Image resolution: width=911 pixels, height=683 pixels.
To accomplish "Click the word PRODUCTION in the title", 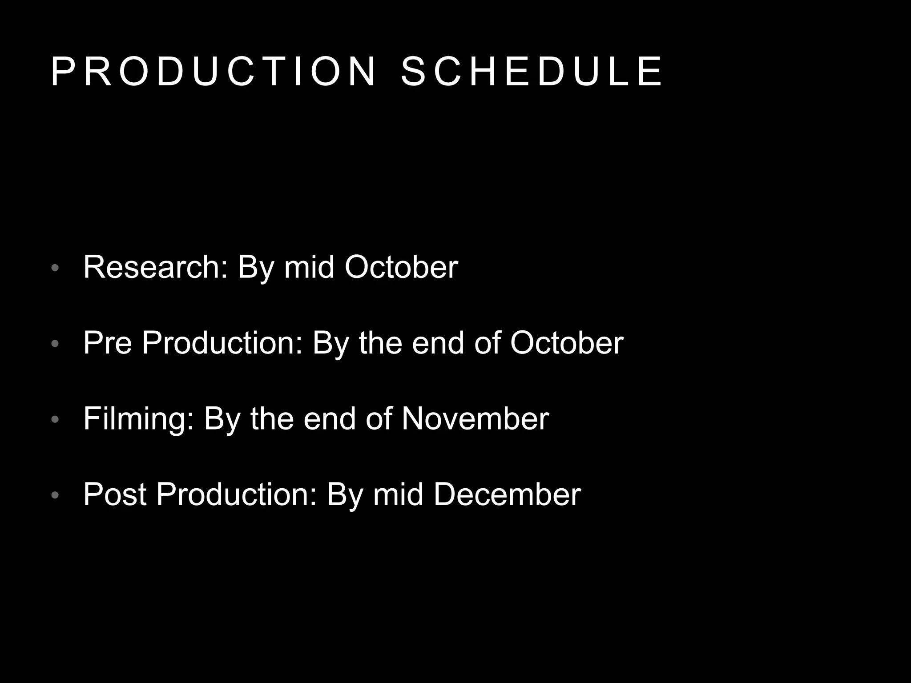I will pos(214,72).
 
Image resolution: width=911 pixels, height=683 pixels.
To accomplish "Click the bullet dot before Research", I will pos(55,268).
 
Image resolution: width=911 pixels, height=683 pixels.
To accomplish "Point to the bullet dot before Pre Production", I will pos(55,344).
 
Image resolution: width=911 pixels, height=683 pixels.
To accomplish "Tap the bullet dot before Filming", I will pos(55,419).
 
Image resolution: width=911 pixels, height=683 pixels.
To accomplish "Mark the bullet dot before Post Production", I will pos(55,495).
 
